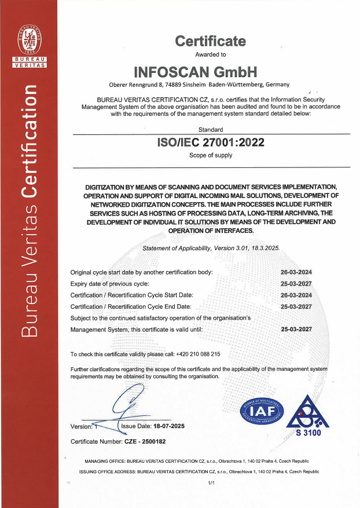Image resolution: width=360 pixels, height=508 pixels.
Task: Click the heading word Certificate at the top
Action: point(210,41)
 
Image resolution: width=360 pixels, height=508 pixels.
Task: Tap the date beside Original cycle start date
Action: point(296,272)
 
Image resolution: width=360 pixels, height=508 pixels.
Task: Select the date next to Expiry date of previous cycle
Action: point(296,283)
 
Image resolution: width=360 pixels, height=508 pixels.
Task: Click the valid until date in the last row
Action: point(296,329)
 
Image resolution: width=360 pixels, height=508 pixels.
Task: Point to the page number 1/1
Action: point(211,483)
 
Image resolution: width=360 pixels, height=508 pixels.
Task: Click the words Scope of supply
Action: point(211,155)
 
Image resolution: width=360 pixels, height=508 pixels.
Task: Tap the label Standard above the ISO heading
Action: point(210,130)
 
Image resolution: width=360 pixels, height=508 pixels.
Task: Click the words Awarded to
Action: point(211,54)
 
